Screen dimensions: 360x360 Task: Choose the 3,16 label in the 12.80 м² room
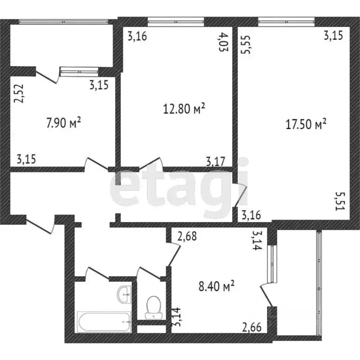[138, 36]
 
